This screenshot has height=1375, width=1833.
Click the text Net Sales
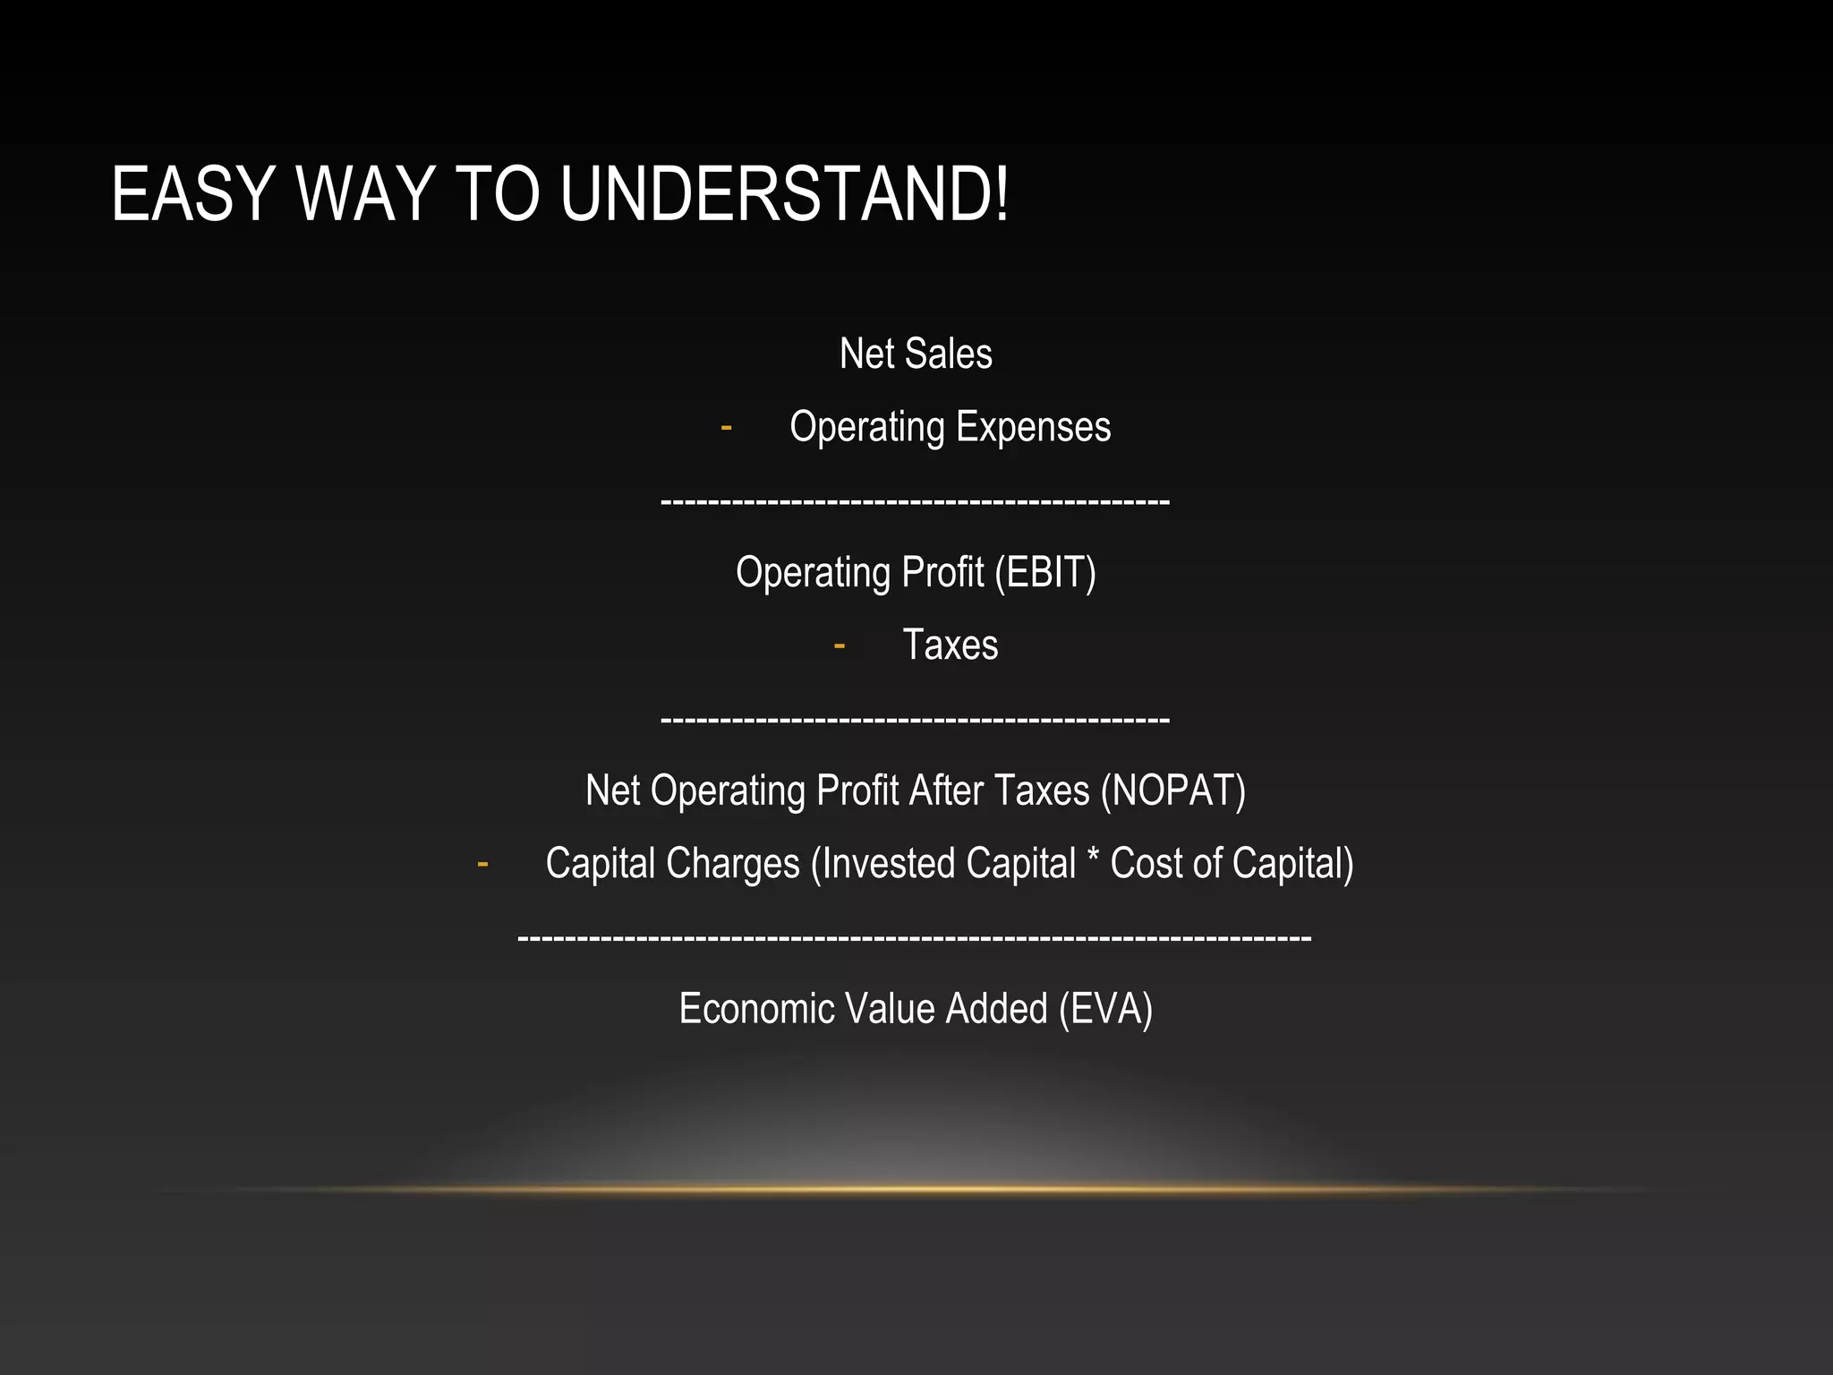point(916,354)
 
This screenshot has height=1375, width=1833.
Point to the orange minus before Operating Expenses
point(726,428)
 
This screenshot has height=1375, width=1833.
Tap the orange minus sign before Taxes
point(839,645)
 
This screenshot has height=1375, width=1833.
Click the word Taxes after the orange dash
point(950,645)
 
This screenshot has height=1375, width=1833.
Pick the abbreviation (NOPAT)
point(1173,791)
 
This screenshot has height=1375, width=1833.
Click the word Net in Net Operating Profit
point(613,791)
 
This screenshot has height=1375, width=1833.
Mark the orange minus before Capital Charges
point(482,865)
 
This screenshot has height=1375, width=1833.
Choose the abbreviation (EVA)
point(1105,1010)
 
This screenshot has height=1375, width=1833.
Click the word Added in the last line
point(996,1010)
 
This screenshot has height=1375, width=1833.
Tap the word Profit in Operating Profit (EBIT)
point(942,573)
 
